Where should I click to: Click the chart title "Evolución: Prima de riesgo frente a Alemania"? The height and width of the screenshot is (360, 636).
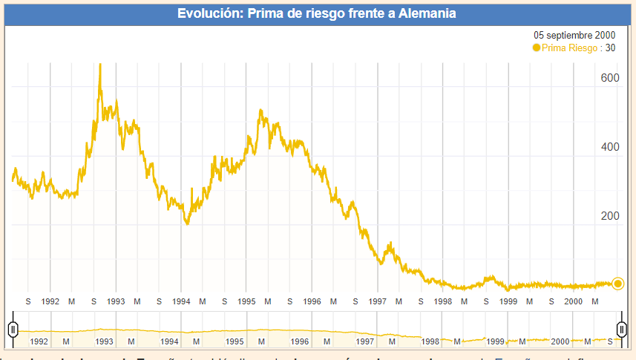[317, 13]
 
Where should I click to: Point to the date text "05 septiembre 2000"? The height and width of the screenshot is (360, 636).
[574, 35]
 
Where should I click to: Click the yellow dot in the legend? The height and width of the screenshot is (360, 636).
[537, 48]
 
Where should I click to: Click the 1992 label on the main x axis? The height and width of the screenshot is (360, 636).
[50, 301]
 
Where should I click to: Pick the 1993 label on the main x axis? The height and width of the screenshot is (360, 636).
[116, 301]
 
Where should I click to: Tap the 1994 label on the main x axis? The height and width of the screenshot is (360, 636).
[181, 301]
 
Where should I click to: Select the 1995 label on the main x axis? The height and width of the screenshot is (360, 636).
[246, 301]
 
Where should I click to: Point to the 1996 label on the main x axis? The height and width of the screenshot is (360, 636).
[312, 301]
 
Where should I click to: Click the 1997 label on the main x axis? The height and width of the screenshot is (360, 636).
[377, 301]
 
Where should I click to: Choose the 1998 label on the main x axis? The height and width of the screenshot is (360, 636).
[443, 301]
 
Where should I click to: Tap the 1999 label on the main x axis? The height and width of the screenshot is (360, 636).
[508, 301]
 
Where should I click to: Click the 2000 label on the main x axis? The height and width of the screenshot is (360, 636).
[574, 301]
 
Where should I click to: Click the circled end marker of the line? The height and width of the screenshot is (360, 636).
[618, 283]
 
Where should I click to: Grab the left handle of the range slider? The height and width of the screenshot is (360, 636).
[13, 329]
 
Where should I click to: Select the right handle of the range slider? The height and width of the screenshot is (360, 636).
[622, 329]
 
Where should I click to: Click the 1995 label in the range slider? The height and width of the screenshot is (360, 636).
[235, 341]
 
